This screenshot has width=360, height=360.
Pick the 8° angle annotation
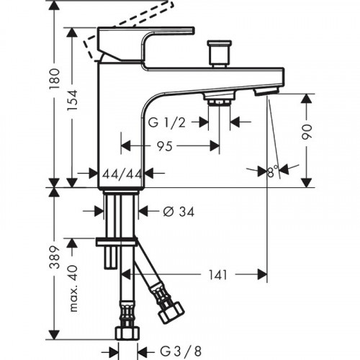[271, 171]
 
